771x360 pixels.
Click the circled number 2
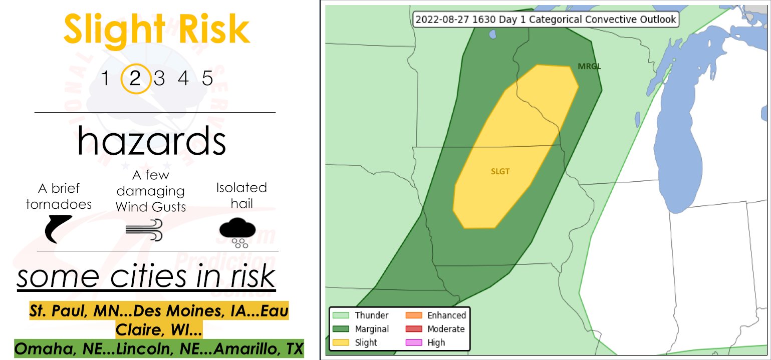pos(135,79)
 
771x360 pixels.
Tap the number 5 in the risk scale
pos(207,79)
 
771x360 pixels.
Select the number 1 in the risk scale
pos(105,79)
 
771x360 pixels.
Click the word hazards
pos(151,141)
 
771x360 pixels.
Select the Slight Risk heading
pos(156,30)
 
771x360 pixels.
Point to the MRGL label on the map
pos(589,66)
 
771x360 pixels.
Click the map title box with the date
pos(545,20)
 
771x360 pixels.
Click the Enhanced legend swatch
pos(414,315)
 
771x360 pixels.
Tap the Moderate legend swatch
pos(414,329)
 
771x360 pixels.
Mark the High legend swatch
pos(414,342)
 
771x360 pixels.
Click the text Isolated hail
pos(241,195)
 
